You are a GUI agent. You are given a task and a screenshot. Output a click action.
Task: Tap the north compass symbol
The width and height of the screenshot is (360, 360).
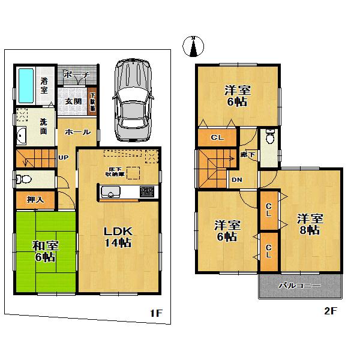[194, 47]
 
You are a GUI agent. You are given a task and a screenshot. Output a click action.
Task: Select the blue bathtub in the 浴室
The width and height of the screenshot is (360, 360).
[26, 85]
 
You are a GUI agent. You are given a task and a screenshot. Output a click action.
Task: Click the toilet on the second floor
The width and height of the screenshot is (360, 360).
[270, 138]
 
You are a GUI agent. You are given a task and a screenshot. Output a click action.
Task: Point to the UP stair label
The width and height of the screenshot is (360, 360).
[63, 158]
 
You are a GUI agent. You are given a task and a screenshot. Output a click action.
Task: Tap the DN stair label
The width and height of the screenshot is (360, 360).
[238, 179]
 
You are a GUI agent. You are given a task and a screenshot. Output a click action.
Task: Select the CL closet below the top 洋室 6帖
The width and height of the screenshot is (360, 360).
[217, 137]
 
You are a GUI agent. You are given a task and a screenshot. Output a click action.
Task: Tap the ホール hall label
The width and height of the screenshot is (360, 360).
[77, 132]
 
